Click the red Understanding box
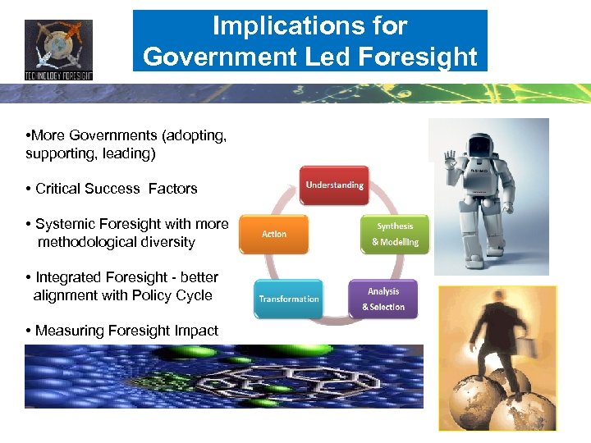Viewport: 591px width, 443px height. (334, 185)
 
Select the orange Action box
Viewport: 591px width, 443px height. (273, 235)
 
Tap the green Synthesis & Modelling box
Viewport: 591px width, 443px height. (395, 234)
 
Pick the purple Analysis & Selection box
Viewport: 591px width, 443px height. (383, 299)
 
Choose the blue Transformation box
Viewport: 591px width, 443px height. (288, 299)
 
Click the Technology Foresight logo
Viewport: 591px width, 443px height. (58, 49)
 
